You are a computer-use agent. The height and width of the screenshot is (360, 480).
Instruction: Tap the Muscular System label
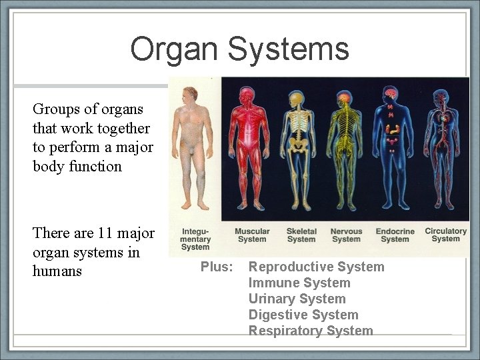(x=252, y=235)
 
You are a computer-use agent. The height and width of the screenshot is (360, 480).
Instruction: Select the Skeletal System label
(x=301, y=235)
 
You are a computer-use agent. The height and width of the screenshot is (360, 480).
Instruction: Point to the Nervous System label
(x=346, y=235)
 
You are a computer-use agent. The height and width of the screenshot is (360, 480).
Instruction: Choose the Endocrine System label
(x=395, y=235)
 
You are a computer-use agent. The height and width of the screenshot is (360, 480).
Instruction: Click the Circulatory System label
(x=446, y=235)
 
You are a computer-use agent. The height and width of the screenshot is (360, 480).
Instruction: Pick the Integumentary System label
(x=195, y=239)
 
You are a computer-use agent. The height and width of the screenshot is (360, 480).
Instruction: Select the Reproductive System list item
(x=316, y=267)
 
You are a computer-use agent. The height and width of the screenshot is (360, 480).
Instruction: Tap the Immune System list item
(x=299, y=283)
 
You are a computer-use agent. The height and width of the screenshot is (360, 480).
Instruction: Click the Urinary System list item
(x=297, y=299)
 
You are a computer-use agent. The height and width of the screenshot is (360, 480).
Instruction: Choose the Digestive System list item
(x=303, y=315)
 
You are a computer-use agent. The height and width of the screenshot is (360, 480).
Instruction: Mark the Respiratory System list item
(x=311, y=331)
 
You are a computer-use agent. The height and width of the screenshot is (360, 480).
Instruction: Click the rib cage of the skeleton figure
(x=298, y=123)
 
